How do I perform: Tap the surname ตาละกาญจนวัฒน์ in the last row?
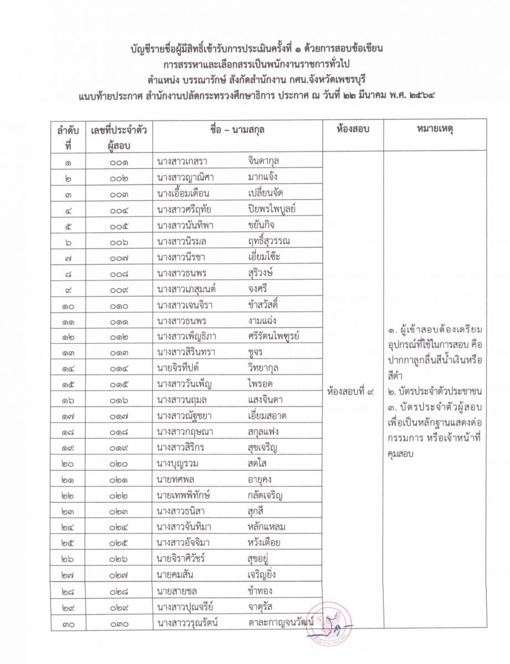coord(282,624)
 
